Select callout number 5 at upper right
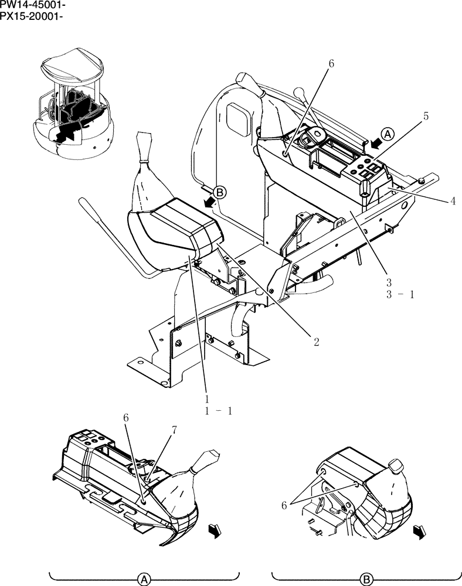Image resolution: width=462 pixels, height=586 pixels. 426,116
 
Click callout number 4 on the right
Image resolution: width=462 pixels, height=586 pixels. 453,202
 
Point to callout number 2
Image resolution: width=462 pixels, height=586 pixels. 316,342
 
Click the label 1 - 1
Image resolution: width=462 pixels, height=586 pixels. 219,411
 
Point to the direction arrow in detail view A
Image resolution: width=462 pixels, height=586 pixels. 214,531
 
